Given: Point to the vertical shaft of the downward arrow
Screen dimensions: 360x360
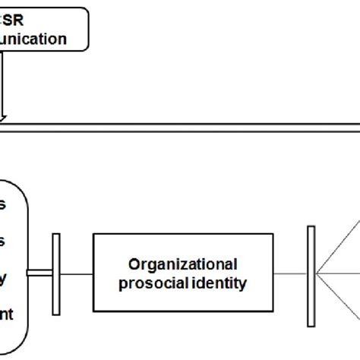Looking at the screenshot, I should coord(4,87).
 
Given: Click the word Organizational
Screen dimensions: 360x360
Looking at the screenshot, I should coord(182,264).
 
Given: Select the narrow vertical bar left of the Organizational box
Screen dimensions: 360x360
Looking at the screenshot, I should coord(55,274).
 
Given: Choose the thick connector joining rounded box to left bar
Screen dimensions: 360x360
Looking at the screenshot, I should coord(39,274).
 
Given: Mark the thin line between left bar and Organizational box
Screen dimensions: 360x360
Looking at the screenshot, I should coord(76,274).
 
